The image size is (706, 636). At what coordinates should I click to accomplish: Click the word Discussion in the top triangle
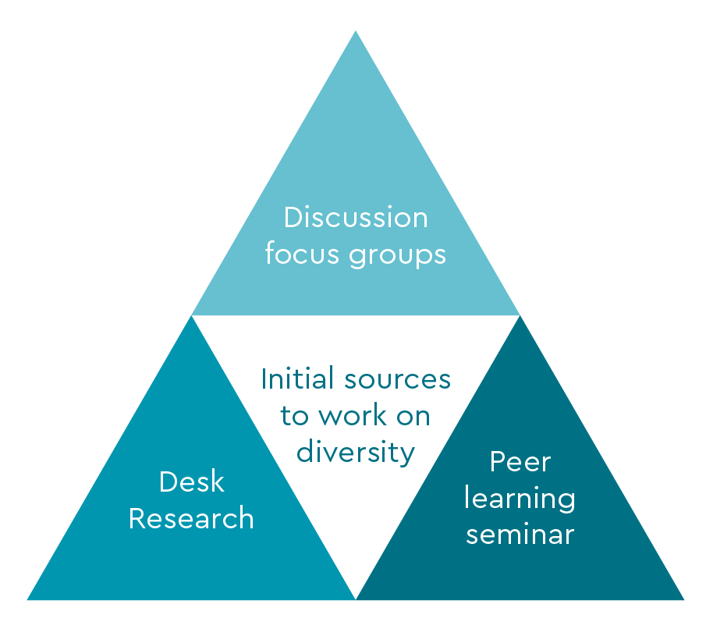[355, 217]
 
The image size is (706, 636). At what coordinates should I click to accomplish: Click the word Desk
[191, 481]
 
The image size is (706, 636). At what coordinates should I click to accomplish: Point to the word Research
[191, 518]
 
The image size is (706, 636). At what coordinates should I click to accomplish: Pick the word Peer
[520, 462]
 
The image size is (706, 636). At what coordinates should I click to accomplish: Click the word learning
[520, 499]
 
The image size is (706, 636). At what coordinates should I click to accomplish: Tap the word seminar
[520, 535]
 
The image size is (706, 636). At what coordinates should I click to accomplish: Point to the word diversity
[356, 452]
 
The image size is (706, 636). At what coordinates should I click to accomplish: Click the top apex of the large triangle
[356, 31]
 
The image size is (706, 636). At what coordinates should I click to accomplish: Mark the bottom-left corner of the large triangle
[28, 599]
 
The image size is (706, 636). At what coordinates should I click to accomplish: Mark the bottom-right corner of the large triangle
[683, 599]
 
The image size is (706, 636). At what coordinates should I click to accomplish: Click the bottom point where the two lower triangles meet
[356, 599]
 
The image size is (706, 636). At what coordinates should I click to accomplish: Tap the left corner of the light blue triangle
[193, 314]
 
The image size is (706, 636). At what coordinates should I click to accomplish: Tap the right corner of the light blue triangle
[519, 314]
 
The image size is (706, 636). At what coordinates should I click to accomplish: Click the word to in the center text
[295, 416]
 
